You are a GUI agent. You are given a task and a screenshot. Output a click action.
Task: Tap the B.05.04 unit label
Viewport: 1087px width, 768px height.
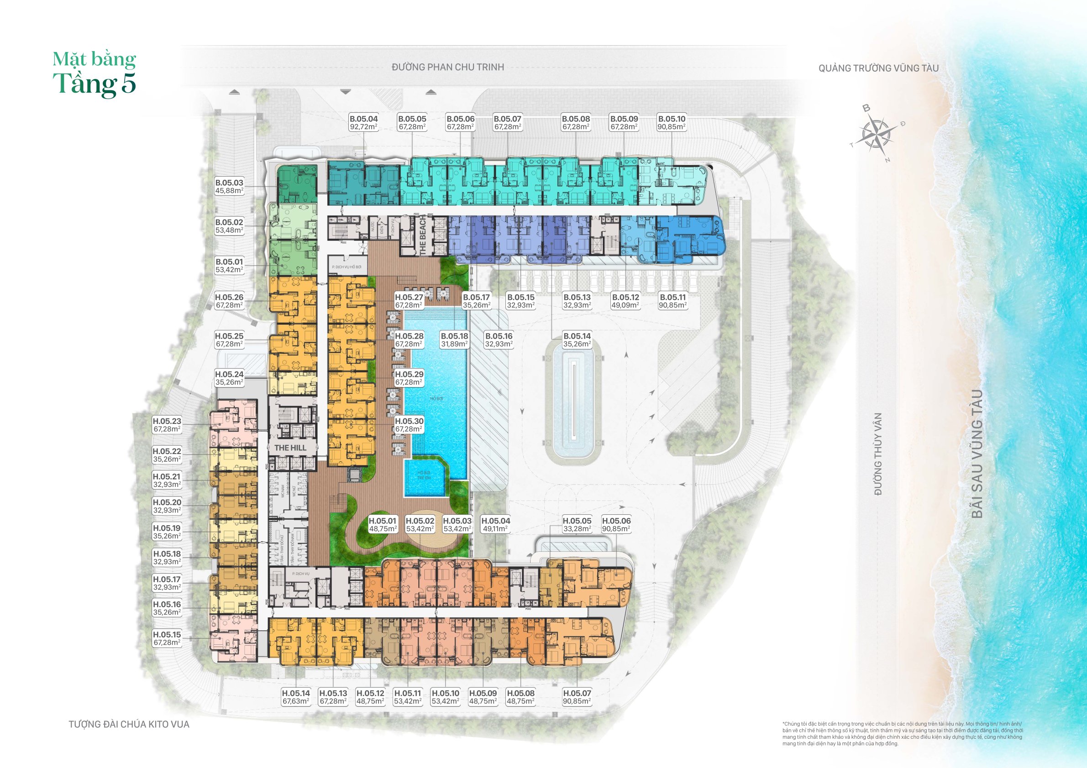point(363,123)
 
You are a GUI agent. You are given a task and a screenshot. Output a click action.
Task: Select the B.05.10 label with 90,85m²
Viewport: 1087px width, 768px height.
point(671,123)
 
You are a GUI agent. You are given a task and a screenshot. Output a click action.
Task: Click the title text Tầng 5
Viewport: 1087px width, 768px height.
point(95,84)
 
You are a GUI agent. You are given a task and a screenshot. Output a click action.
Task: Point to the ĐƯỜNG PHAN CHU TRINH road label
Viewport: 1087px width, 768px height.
point(447,67)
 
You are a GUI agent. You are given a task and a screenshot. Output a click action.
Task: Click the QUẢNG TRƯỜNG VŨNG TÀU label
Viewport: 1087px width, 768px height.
point(878,68)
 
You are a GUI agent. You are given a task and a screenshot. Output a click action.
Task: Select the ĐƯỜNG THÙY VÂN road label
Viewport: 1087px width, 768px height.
point(878,454)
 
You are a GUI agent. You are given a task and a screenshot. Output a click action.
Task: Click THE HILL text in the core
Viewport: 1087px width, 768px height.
point(290,448)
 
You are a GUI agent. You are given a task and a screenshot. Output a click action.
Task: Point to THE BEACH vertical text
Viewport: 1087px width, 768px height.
point(423,235)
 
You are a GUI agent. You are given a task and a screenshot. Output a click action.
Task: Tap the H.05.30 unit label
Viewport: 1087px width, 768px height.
point(409,425)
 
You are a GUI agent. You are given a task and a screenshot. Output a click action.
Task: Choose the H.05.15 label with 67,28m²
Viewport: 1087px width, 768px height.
point(167,638)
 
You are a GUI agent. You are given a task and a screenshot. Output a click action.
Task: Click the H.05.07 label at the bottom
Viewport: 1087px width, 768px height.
point(577,697)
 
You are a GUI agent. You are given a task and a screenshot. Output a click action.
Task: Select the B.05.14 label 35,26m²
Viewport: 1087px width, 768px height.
point(577,340)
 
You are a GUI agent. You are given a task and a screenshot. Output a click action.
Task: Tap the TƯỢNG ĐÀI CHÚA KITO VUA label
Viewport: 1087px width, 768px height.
point(129,724)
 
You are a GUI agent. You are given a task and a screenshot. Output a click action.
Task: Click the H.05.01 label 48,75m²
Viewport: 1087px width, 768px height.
point(383,524)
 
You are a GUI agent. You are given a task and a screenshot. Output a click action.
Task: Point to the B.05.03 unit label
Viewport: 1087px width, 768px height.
point(229,187)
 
